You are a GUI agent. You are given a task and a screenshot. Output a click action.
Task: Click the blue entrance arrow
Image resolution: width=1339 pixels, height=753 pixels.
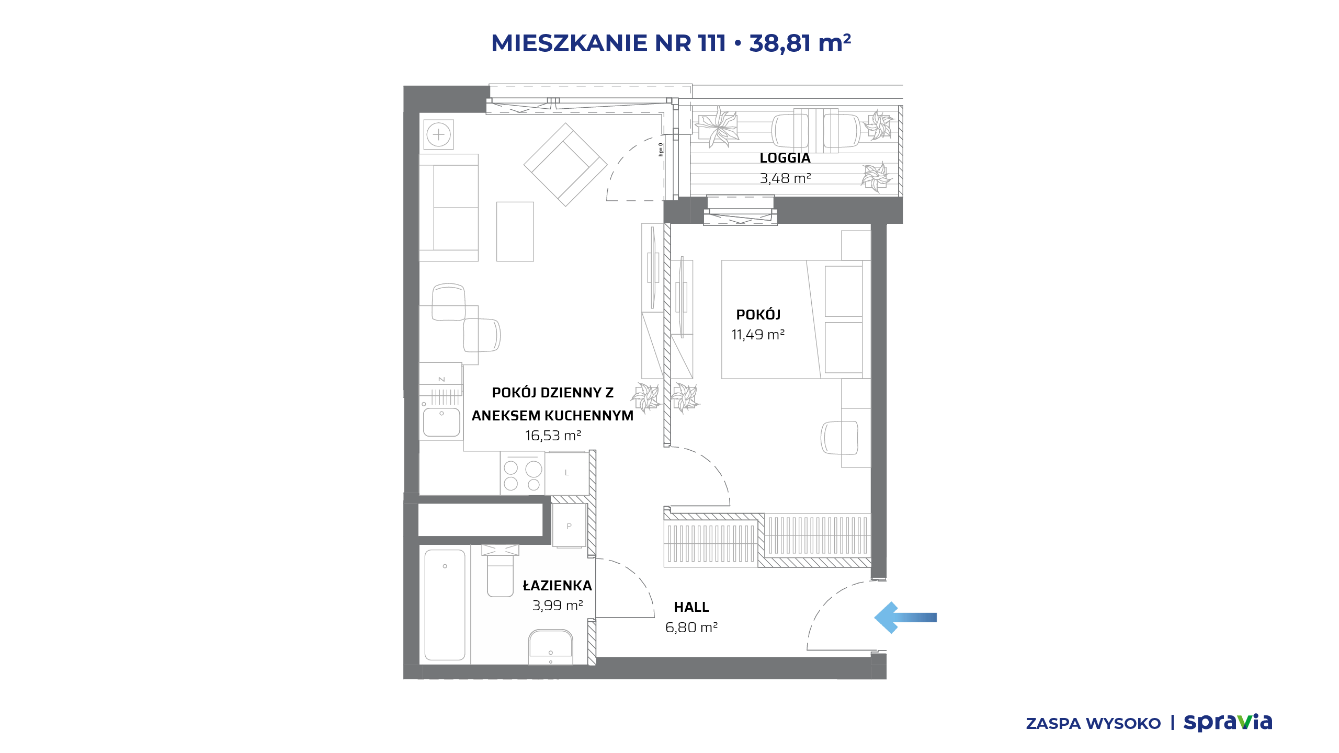tap(905, 618)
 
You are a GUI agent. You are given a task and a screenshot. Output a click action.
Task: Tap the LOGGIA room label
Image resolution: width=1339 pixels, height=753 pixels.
tap(785, 158)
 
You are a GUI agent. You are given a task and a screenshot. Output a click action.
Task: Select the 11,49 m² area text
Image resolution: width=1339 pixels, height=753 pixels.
tap(758, 335)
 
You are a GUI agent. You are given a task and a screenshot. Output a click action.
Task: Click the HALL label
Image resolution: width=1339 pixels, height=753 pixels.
tap(691, 607)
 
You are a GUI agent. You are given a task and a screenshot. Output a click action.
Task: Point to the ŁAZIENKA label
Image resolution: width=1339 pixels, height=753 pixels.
tap(558, 585)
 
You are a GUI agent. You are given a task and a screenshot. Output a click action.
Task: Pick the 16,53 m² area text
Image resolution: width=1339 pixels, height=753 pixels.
tap(553, 436)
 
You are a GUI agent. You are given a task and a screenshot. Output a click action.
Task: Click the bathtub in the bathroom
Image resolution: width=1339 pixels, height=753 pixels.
tap(445, 604)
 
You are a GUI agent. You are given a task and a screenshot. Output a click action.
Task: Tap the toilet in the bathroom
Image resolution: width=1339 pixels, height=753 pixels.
tap(501, 571)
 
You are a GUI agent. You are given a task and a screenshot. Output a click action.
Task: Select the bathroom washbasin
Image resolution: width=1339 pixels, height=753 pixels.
tap(551, 646)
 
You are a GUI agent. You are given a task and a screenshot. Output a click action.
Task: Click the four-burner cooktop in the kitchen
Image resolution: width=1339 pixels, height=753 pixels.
tap(523, 473)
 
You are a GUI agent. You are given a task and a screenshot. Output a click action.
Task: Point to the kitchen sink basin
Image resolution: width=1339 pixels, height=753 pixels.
tap(441, 422)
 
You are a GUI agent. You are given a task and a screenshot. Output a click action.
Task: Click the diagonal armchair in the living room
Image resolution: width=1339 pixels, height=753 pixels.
tap(565, 165)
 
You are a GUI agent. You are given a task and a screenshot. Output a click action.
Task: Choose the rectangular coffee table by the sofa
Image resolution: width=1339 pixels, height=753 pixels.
tap(515, 232)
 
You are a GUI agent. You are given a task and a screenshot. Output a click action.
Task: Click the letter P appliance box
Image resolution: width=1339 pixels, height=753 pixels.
tap(569, 526)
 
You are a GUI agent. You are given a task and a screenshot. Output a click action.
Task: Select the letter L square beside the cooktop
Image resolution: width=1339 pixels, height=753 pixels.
tap(567, 473)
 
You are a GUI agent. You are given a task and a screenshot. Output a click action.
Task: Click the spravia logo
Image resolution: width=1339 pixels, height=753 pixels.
tap(1228, 722)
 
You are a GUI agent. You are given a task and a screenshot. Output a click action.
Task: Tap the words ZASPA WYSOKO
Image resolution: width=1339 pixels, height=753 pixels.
tap(1093, 724)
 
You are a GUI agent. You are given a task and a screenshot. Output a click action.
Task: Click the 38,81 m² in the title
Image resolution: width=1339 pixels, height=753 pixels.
tap(800, 43)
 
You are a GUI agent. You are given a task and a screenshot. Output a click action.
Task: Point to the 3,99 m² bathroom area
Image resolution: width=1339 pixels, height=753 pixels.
tap(558, 606)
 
